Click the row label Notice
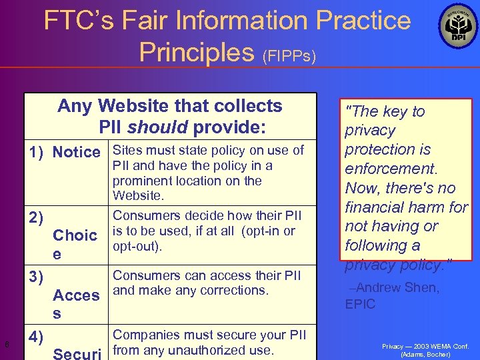76,152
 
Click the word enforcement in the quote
387,169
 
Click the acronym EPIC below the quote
360,304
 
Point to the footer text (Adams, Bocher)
425,355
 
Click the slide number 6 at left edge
6,344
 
